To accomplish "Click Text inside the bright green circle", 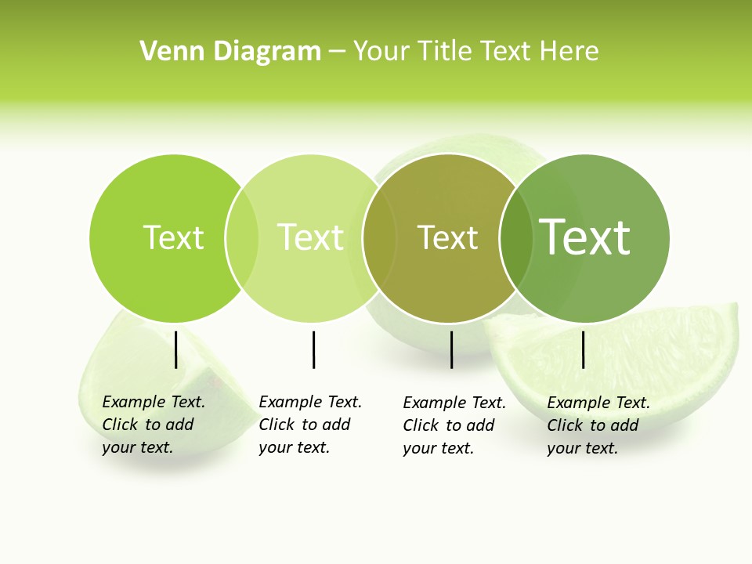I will (173, 237).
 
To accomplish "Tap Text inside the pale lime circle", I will (310, 237).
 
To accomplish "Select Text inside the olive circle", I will (447, 238).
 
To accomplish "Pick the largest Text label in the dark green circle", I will (585, 237).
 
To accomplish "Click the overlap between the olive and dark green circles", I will (517, 238).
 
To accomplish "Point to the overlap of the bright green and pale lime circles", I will (242, 238).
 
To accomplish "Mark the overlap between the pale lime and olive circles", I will (380, 238).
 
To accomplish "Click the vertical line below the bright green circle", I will (175, 349).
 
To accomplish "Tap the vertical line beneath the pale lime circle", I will (313, 349).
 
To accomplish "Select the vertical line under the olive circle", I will (451, 349).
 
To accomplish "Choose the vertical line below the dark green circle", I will (583, 349).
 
